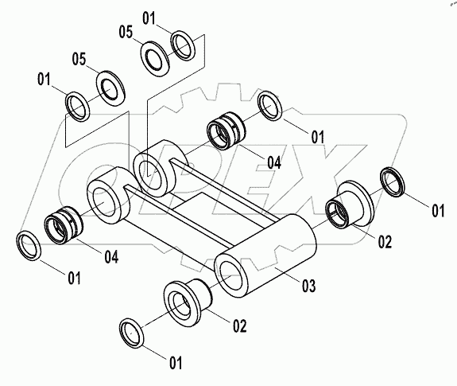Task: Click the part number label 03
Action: pyautogui.click(x=308, y=286)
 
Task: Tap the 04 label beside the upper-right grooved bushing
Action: pyautogui.click(x=274, y=162)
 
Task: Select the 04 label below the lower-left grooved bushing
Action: pyautogui.click(x=111, y=257)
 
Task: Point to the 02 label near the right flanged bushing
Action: pyautogui.click(x=385, y=242)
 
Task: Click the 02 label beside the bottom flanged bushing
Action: pyautogui.click(x=240, y=326)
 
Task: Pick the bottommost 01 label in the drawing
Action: pyautogui.click(x=176, y=363)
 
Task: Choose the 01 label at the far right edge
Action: pyautogui.click(x=438, y=210)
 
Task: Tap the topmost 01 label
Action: pyautogui.click(x=149, y=18)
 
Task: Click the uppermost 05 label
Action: pyautogui.click(x=126, y=32)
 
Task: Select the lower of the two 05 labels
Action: pyautogui.click(x=79, y=59)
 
